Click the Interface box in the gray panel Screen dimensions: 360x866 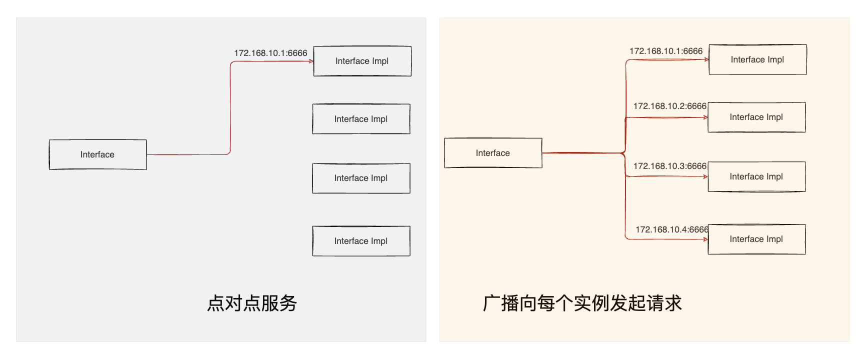point(97,154)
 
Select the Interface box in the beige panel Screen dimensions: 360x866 point(493,153)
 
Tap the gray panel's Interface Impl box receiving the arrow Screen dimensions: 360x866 point(362,61)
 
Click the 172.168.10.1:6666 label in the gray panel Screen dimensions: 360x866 point(270,53)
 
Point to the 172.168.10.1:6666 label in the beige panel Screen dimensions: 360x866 point(666,51)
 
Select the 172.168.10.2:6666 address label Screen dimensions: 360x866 point(669,106)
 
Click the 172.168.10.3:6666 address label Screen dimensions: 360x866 point(669,166)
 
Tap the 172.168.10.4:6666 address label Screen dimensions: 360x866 point(671,229)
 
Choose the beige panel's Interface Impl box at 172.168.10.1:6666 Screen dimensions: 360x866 point(757,59)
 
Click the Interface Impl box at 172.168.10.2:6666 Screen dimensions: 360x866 point(756,117)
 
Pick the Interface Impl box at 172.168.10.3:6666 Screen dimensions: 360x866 point(756,176)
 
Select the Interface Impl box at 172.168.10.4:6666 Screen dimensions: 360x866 point(756,239)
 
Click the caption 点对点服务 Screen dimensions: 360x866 point(252,303)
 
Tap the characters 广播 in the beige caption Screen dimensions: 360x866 point(501,303)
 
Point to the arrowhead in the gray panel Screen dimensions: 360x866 point(311,61)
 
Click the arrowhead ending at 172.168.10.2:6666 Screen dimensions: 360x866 point(705,117)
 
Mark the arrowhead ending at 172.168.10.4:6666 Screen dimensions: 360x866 point(705,239)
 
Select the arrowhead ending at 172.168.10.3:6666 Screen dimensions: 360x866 point(705,176)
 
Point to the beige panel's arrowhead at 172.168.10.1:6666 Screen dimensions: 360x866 point(706,59)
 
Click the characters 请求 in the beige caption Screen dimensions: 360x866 point(664,303)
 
